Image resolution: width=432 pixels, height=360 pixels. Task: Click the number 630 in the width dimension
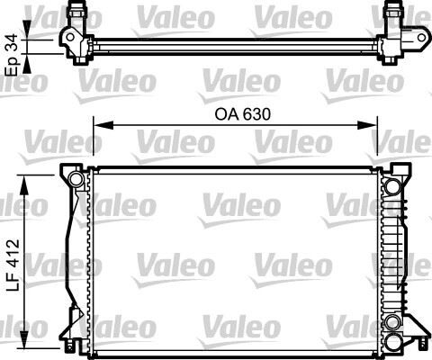[x=254, y=115]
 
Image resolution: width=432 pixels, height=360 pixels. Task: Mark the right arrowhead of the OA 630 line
[x=373, y=127]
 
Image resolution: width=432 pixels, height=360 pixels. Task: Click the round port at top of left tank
[x=76, y=184]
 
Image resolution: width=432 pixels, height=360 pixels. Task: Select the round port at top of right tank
[x=392, y=185]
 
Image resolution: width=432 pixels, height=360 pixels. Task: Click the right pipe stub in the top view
[x=393, y=14]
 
